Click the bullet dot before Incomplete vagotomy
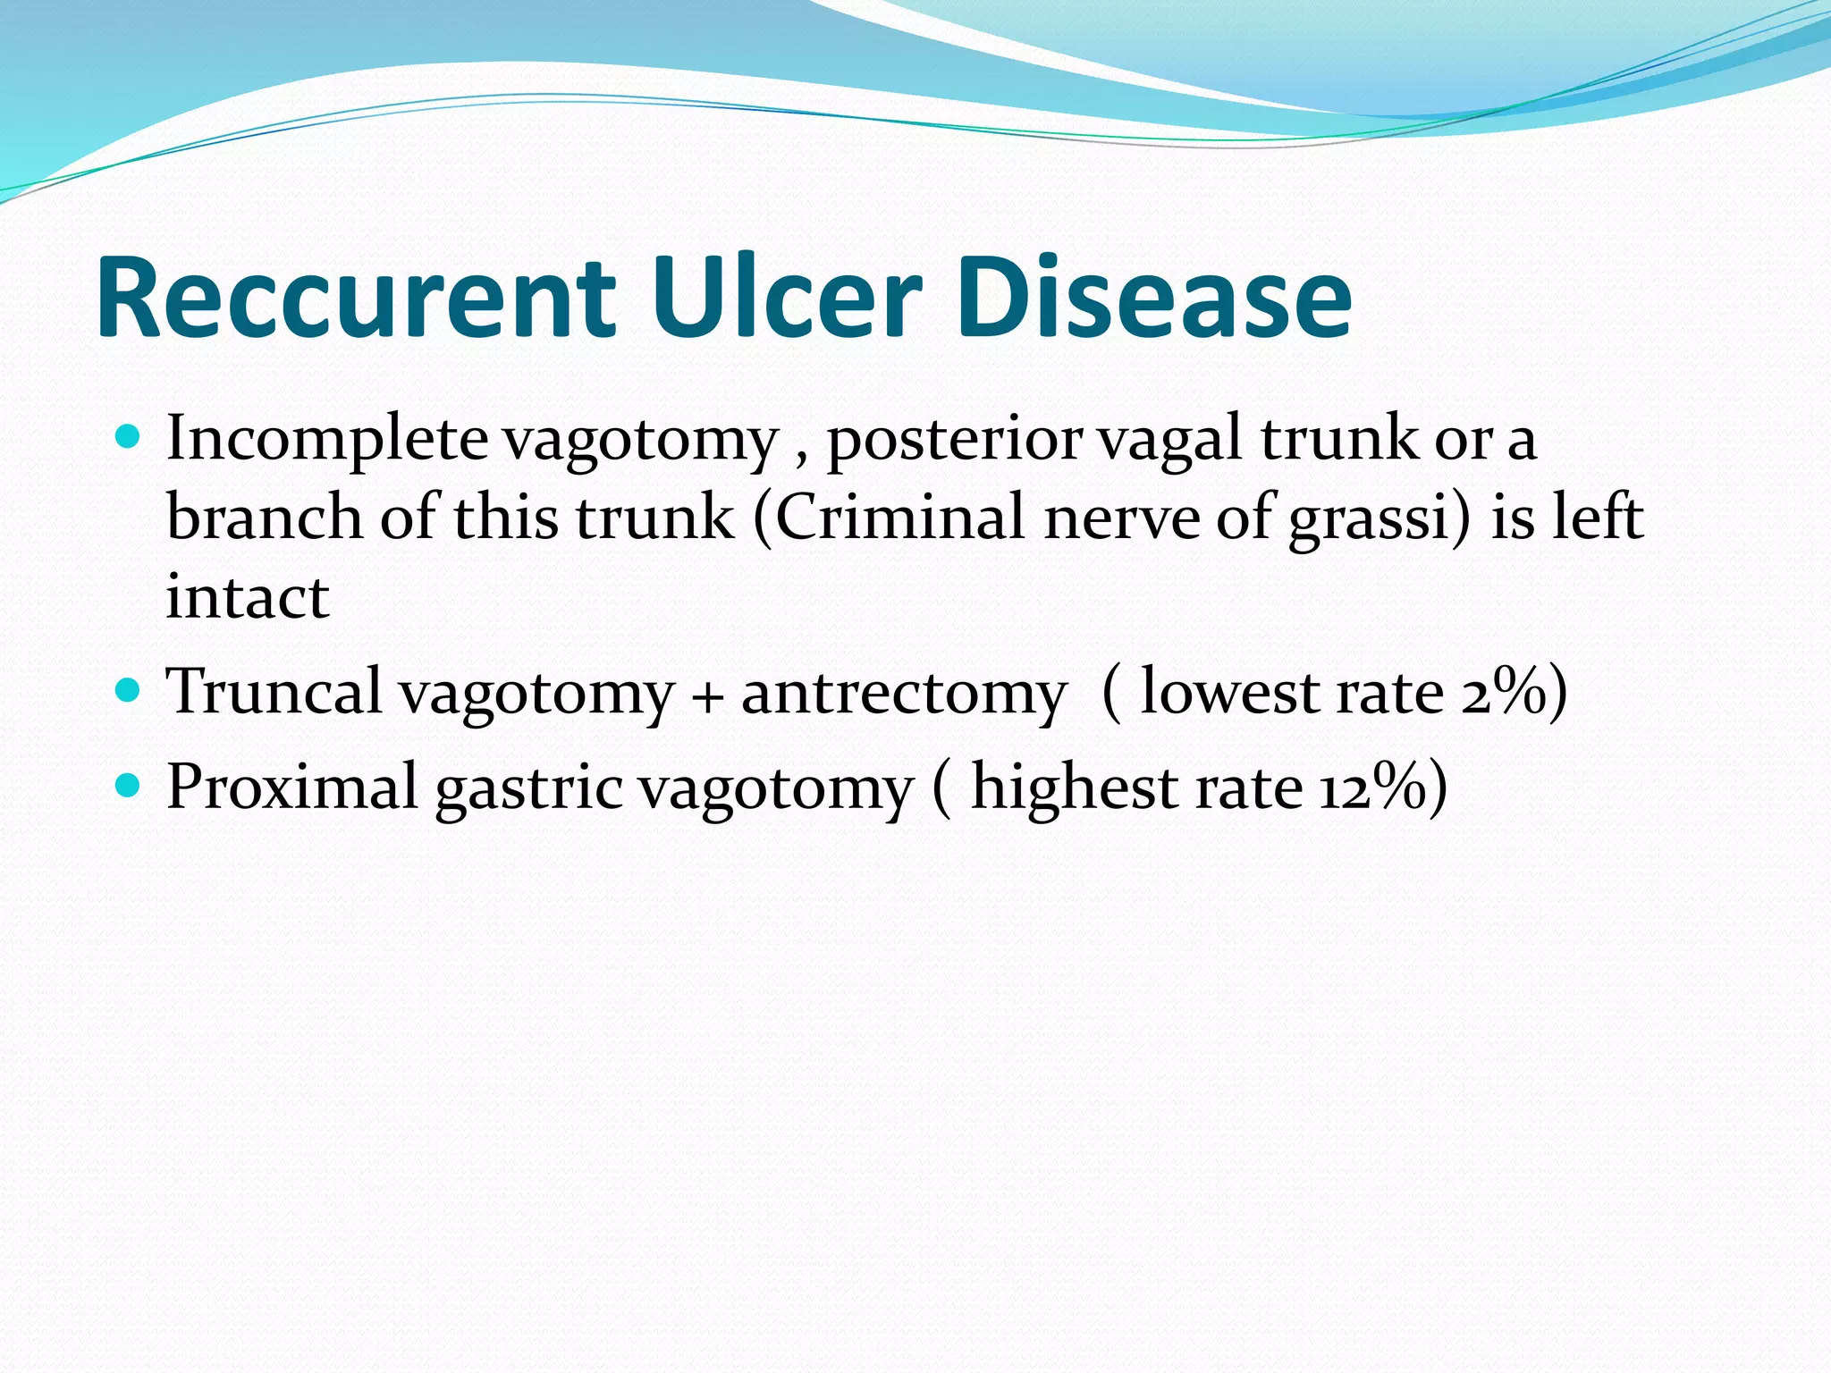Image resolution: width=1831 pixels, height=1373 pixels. (x=129, y=437)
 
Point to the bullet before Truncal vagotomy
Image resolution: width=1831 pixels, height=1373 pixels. (x=129, y=691)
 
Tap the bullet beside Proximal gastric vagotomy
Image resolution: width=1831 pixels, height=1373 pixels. (x=129, y=786)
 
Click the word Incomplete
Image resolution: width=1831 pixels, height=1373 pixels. (x=327, y=440)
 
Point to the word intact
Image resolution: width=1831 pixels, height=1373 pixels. (x=248, y=597)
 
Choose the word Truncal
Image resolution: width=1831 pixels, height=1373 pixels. (x=275, y=692)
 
